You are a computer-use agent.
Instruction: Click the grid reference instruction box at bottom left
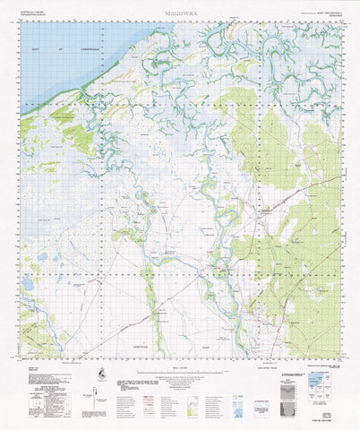point(34,384)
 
